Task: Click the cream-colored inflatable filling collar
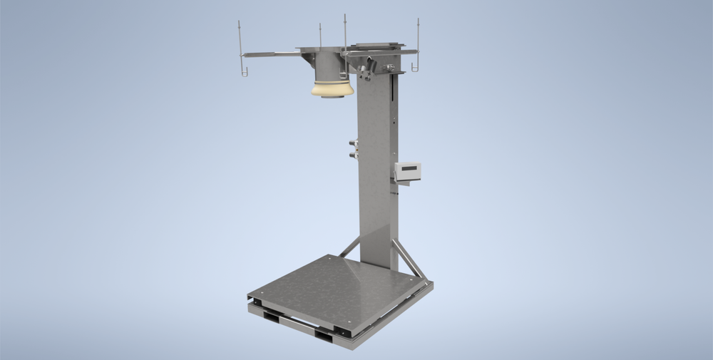pos(332,88)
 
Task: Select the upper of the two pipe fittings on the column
pos(353,143)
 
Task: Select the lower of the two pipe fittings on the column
pos(353,153)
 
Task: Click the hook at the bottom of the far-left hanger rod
pos(243,71)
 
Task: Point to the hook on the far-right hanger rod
pos(415,68)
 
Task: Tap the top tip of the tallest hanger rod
pos(344,16)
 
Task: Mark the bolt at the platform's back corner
pos(329,260)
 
